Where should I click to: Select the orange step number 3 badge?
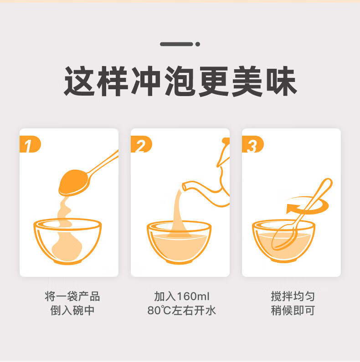[x=252, y=144]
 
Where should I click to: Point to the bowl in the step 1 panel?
[x=67, y=241]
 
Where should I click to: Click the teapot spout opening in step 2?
[x=185, y=187]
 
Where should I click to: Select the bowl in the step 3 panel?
[x=283, y=241]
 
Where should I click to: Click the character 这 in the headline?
[x=79, y=81]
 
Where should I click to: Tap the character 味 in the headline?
[x=282, y=81]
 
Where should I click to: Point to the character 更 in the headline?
[x=214, y=81]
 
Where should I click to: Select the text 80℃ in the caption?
[x=159, y=311]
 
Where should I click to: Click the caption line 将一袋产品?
[x=72, y=296]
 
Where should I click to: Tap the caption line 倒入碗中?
[x=72, y=311]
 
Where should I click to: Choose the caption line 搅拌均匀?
[x=293, y=296]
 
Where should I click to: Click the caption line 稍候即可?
[x=293, y=311]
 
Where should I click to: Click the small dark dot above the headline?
[x=198, y=44]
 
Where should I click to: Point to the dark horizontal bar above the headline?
[x=176, y=44]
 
